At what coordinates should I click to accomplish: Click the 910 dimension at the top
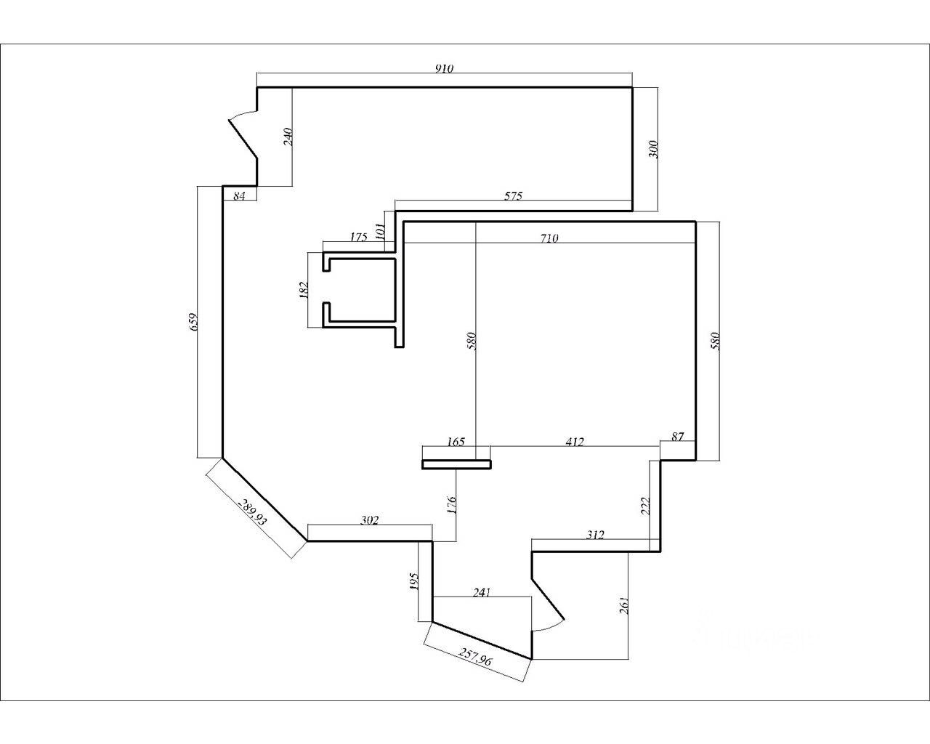444,68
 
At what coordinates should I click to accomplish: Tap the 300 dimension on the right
652,150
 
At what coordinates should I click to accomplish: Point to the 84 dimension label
239,196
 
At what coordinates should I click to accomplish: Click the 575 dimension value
513,195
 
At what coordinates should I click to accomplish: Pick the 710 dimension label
549,238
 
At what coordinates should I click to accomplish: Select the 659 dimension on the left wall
193,322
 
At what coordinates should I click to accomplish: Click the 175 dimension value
358,237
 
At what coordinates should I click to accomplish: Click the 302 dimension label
370,520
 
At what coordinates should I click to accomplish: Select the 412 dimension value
574,441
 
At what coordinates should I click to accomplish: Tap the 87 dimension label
677,437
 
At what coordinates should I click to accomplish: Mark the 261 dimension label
624,605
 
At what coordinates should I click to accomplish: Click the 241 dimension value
482,592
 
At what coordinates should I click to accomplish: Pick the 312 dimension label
595,535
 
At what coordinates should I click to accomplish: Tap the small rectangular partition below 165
456,464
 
